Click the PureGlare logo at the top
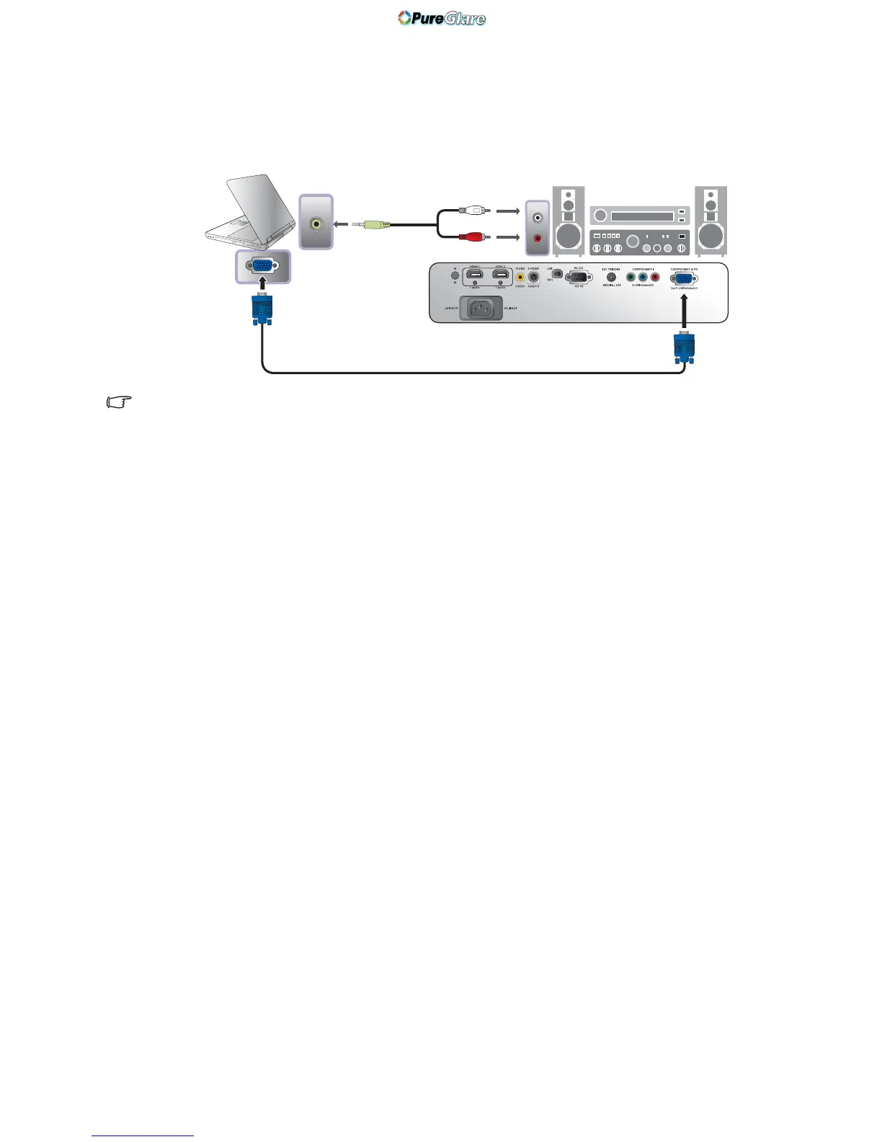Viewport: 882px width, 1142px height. click(x=442, y=18)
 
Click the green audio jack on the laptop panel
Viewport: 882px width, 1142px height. click(x=316, y=223)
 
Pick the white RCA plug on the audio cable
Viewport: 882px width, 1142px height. click(x=476, y=211)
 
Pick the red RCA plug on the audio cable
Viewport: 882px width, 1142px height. click(x=476, y=236)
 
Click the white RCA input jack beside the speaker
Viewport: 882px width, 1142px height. click(x=537, y=218)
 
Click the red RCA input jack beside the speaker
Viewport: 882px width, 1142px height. click(x=537, y=239)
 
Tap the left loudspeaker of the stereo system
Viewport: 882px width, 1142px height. click(x=569, y=221)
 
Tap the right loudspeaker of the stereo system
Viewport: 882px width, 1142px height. click(x=711, y=221)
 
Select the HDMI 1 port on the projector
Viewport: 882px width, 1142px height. click(x=475, y=275)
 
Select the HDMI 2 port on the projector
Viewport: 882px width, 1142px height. click(x=500, y=275)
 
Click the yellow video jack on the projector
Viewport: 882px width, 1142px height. click(x=520, y=276)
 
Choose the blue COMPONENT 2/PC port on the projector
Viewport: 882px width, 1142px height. click(x=683, y=278)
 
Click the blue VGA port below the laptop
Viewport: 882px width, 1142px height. click(x=263, y=266)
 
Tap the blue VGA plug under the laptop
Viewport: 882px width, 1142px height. click(x=262, y=310)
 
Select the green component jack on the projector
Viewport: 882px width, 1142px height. click(x=631, y=277)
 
